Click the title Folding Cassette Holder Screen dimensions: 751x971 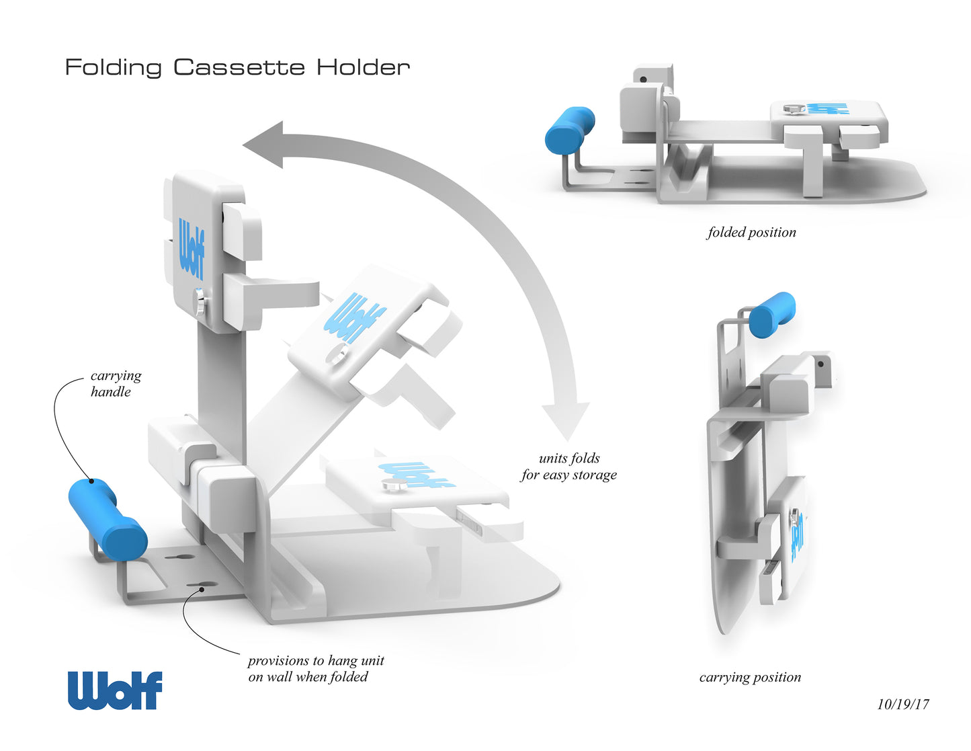coord(237,67)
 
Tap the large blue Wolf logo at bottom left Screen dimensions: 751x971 coord(115,690)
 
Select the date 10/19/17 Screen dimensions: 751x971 coord(902,704)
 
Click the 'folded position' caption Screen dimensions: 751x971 coord(751,233)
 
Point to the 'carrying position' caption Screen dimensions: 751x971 coord(750,677)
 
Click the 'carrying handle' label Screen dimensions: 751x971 coord(116,383)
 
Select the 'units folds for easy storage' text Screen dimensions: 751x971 coord(568,467)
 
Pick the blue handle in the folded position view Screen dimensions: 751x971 coord(569,129)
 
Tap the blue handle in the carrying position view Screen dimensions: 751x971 coord(771,314)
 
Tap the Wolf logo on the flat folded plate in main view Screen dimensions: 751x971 coord(417,473)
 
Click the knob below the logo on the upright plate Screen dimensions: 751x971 coord(200,301)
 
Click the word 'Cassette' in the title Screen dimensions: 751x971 coord(239,67)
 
